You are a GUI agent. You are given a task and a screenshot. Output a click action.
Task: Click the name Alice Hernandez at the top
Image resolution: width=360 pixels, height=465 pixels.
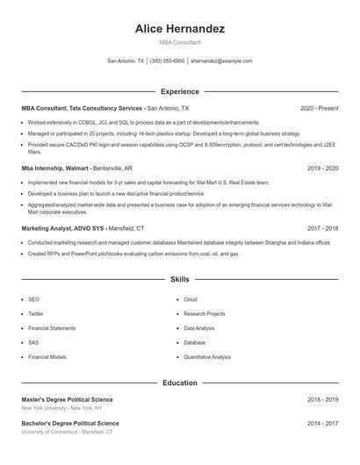point(179,29)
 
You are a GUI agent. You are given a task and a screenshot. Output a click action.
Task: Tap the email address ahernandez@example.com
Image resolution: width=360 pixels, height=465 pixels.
point(221,61)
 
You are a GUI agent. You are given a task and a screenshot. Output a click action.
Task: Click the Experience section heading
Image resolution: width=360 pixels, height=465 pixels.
point(180,91)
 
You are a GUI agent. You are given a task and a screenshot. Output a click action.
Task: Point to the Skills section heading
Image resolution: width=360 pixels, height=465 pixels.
point(180,279)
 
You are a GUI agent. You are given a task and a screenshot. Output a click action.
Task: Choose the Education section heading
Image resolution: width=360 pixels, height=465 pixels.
point(180,383)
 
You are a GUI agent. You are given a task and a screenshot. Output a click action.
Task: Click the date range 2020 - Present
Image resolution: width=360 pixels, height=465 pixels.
point(319,108)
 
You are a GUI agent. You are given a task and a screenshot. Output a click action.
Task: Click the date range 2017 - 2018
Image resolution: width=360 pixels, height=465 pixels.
point(322,227)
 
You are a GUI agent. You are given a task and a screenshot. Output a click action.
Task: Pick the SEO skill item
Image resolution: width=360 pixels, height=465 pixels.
point(33,299)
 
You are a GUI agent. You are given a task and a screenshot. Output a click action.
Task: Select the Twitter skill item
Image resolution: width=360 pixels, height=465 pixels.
point(35,313)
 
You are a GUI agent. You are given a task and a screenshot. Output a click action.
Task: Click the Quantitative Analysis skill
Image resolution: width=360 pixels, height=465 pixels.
point(207,357)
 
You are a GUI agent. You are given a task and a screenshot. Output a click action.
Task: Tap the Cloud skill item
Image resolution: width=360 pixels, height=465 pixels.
point(191,299)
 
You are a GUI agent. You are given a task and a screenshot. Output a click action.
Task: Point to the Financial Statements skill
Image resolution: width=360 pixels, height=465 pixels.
point(51,328)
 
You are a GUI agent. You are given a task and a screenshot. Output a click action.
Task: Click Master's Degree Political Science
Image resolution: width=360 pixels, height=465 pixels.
point(67,399)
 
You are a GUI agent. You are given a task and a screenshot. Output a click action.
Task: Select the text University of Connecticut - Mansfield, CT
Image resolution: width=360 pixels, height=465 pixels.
point(66,432)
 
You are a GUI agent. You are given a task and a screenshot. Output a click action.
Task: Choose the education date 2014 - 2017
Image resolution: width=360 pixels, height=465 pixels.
point(322,423)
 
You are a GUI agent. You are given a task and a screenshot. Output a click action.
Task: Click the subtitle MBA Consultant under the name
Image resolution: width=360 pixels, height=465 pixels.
point(179,42)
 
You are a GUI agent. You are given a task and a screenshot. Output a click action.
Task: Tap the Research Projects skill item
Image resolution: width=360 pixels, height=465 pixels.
point(204,313)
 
